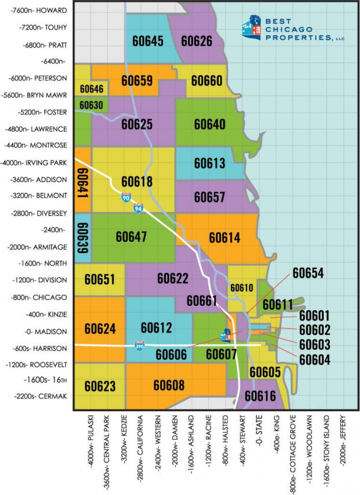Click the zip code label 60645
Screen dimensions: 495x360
[x=148, y=41]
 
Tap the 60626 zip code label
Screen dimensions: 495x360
[x=196, y=41]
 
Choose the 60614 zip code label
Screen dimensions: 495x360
[x=225, y=237]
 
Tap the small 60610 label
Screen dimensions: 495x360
[x=241, y=288]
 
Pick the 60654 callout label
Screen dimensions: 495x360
[x=308, y=273]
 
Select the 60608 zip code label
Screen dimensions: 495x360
[x=169, y=385]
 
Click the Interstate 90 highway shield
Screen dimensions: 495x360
[x=125, y=197]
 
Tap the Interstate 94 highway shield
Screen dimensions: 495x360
[x=138, y=208]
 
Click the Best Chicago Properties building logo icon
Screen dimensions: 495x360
[x=251, y=27]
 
